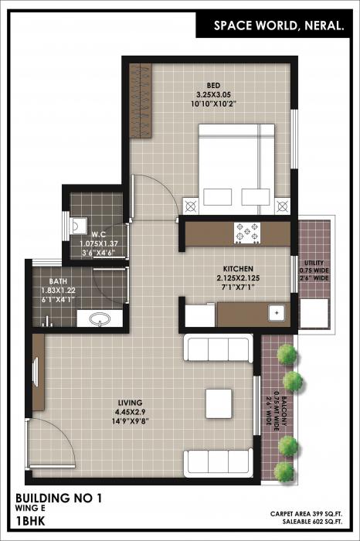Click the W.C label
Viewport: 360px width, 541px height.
pos(98,234)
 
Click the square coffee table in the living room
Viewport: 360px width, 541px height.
pos(219,403)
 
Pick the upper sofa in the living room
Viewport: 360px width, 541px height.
pos(218,349)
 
